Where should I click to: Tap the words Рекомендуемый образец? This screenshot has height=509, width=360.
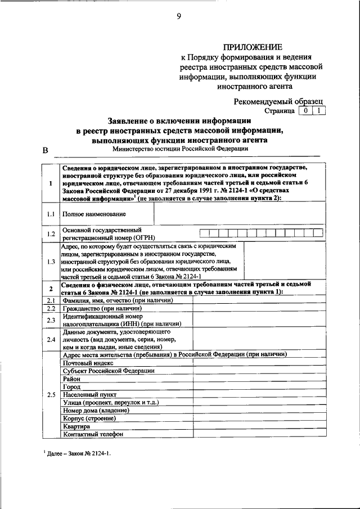pyautogui.click(x=279, y=101)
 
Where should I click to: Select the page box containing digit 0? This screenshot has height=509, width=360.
pyautogui.click(x=304, y=111)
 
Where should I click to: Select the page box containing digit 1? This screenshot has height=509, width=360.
pyautogui.click(x=319, y=111)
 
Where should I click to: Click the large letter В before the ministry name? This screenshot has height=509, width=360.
pyautogui.click(x=46, y=150)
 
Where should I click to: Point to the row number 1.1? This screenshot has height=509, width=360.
pyautogui.click(x=51, y=214)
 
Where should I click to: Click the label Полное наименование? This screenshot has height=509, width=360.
pyautogui.click(x=87, y=214)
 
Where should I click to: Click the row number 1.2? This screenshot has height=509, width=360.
pyautogui.click(x=51, y=234)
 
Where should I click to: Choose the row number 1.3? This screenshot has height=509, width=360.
pyautogui.click(x=51, y=262)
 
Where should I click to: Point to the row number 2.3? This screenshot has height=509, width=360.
pyautogui.click(x=51, y=321)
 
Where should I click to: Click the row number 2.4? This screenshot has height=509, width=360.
pyautogui.click(x=51, y=340)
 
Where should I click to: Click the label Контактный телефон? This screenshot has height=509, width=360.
pyautogui.click(x=92, y=434)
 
